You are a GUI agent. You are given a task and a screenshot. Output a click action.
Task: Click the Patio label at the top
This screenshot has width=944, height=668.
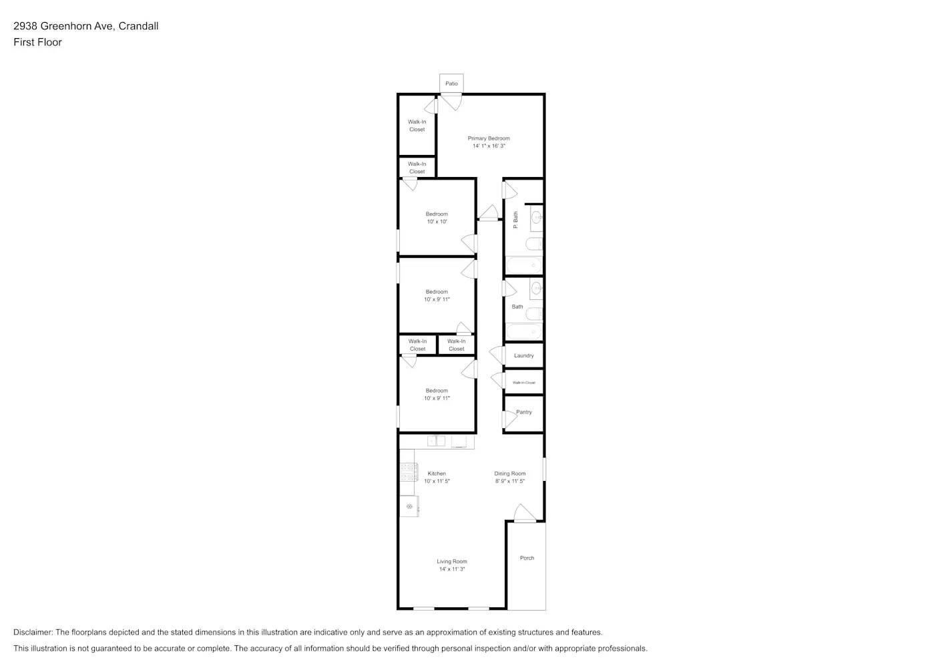452,83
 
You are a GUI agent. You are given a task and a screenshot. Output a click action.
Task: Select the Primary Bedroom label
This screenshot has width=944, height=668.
489,138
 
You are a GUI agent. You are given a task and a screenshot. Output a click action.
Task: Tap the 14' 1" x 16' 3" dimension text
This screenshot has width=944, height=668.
489,146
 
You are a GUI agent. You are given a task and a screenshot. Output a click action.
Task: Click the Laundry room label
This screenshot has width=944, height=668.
523,355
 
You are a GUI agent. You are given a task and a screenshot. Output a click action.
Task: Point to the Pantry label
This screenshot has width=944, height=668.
524,412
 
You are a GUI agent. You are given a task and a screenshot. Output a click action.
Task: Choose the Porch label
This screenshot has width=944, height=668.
527,558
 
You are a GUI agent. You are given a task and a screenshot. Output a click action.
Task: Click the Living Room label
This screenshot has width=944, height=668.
452,562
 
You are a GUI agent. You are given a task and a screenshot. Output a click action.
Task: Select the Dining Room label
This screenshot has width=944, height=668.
510,474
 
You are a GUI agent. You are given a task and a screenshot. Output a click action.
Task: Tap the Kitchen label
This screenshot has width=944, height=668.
437,474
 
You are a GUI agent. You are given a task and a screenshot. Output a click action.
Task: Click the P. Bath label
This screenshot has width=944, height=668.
515,220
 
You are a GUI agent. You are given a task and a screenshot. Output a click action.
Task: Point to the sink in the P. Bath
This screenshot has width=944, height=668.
536,216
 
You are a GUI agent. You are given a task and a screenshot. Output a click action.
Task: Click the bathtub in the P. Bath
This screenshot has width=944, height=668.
524,265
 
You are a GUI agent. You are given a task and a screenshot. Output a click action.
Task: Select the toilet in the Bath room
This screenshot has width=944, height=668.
534,314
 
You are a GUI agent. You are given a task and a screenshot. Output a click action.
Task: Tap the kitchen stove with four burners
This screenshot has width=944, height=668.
408,472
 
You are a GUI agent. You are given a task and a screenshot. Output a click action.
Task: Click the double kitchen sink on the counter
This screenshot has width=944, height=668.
437,441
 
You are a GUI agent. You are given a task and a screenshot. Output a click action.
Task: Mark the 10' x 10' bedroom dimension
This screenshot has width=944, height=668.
437,222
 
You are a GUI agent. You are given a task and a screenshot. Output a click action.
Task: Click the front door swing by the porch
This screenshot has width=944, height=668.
525,513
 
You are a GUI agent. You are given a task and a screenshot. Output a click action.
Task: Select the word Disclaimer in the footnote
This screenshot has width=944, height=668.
33,632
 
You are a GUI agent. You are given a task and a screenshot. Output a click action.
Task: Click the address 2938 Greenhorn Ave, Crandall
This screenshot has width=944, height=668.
85,26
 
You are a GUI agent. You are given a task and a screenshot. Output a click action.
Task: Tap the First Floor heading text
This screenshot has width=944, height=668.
37,42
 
